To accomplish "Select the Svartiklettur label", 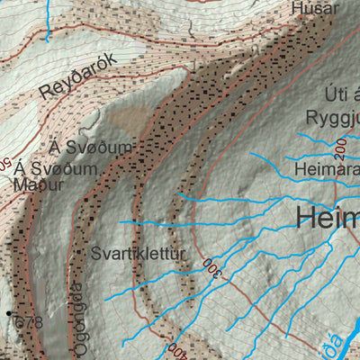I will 138,255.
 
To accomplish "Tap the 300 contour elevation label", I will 212,268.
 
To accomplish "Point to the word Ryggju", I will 331,119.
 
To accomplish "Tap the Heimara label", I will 325,168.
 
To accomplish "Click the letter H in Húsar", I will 298,8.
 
